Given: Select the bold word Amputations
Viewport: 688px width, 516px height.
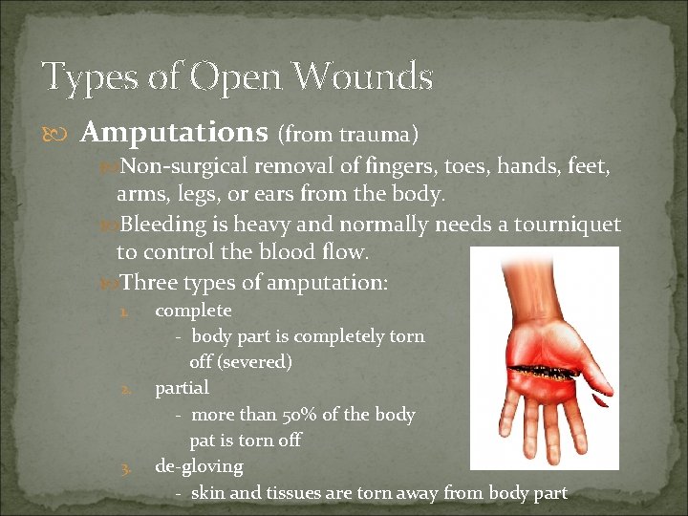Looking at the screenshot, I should [x=174, y=131].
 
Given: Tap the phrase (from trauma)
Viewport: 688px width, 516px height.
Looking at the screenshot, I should [x=348, y=134].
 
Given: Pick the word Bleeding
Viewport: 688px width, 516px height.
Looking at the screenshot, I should [x=163, y=226].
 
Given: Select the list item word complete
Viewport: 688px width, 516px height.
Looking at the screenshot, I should [x=193, y=311].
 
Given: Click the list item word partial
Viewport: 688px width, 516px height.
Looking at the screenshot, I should [x=182, y=388].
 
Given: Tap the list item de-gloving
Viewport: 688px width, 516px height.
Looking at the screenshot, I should [x=199, y=466].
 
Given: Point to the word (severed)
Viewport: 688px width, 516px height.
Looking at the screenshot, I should [x=254, y=362].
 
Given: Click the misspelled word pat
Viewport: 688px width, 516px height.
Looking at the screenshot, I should [x=202, y=441].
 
